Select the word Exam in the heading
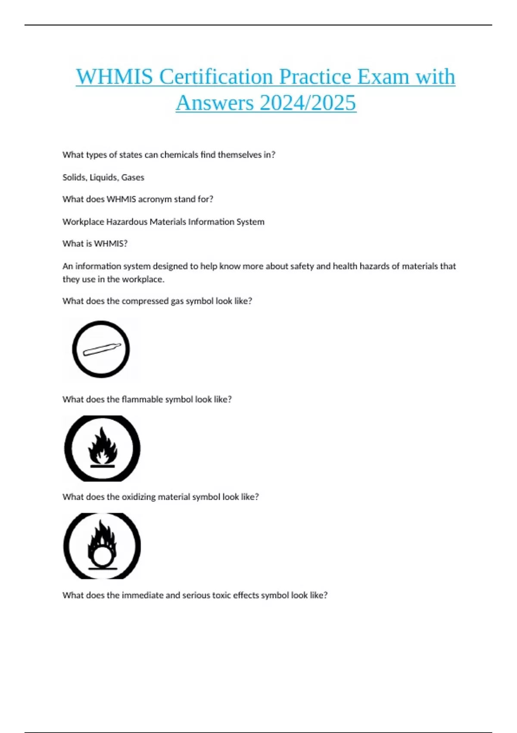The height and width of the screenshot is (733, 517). click(383, 77)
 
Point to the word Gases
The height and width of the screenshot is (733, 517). click(133, 177)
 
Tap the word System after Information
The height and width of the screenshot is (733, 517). click(250, 222)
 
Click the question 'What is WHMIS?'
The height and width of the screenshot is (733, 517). click(95, 244)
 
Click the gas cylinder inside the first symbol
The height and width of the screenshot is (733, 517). click(102, 349)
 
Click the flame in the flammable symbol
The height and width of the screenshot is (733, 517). click(102, 446)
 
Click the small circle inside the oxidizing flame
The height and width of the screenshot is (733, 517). click(102, 556)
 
